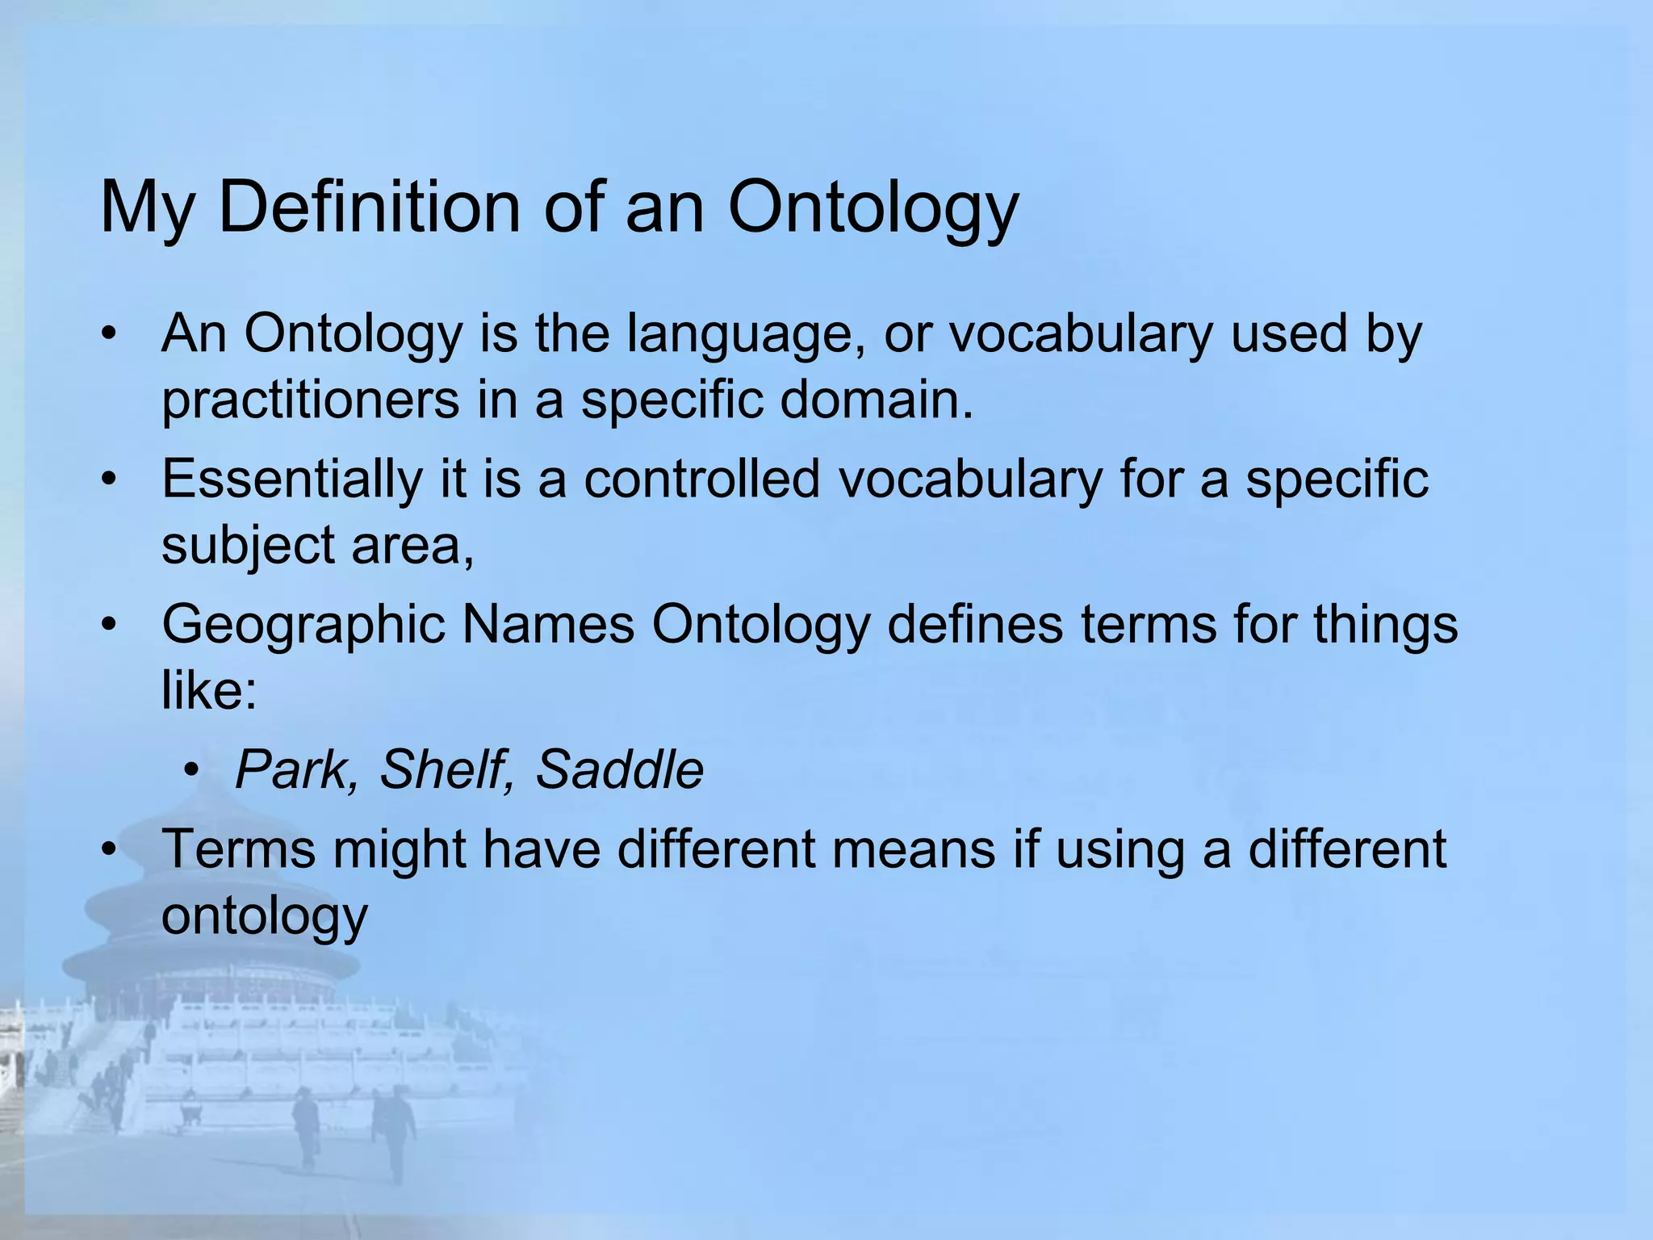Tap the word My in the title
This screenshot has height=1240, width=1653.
(146, 208)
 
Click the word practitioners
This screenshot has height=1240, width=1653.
(310, 400)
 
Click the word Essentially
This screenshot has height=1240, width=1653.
(291, 479)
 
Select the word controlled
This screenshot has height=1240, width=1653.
(701, 479)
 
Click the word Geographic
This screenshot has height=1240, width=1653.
(303, 625)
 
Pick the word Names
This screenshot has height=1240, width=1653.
(548, 625)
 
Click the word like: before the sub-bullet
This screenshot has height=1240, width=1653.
(209, 691)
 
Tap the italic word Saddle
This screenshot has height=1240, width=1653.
(619, 769)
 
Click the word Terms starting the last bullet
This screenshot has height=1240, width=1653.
(239, 849)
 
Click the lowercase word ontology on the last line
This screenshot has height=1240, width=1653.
(265, 916)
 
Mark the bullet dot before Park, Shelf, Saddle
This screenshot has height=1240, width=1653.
(190, 771)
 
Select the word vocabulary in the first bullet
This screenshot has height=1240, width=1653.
(1080, 333)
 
